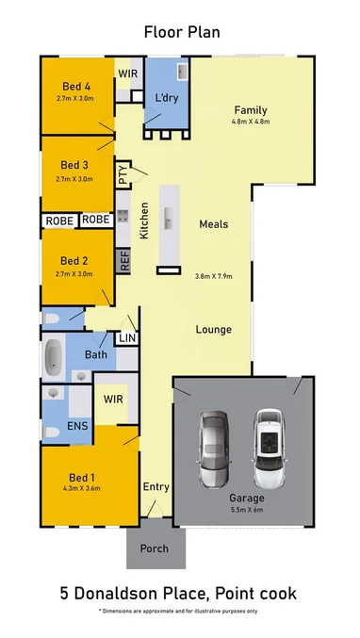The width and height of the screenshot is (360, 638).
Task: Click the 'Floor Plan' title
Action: coord(181,32)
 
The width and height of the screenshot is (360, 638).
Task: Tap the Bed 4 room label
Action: coord(74,86)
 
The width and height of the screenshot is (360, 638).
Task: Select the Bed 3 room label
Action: coord(74,166)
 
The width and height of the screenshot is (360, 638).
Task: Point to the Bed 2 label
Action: coord(74,261)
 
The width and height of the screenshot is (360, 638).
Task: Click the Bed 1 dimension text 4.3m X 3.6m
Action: coord(74,487)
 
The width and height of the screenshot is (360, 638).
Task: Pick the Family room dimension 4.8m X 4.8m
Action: coord(251,122)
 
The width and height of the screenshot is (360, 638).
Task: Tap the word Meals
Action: coord(213,224)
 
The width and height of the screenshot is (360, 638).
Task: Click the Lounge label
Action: coord(213,330)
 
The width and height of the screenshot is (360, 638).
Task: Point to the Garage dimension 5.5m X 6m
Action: coord(246,510)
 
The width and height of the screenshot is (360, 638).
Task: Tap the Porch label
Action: coord(154,548)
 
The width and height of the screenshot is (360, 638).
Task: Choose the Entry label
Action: coord(155,487)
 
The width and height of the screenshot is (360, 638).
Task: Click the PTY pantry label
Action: coord(123,174)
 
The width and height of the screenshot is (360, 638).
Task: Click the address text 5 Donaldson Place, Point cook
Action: coord(179,593)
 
